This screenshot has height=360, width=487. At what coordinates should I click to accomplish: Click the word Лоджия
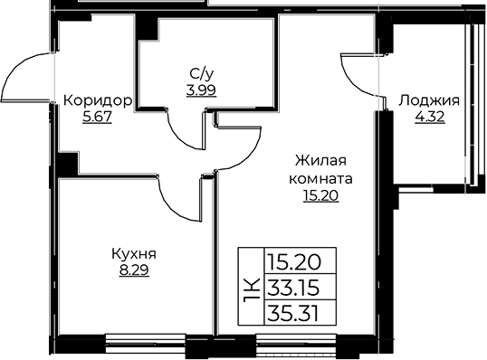tap(429, 101)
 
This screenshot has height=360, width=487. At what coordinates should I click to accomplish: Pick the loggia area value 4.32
tap(429, 117)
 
